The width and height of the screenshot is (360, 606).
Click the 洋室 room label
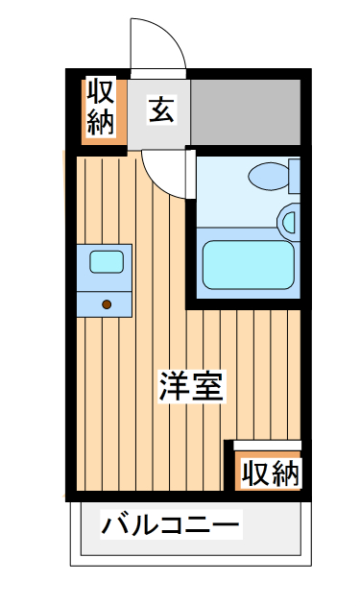tap(191, 386)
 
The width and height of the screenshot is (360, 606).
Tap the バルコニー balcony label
tap(171, 525)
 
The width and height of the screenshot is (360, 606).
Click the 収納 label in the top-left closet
tap(102, 108)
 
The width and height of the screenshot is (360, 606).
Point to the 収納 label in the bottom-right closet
tap(270, 473)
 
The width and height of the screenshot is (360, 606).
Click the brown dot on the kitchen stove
tap(106, 304)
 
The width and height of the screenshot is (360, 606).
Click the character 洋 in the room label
tap(175, 386)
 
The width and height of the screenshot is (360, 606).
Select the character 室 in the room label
tap(207, 386)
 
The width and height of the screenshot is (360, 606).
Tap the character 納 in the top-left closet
tap(102, 122)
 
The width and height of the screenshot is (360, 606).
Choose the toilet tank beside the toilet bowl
tap(295, 177)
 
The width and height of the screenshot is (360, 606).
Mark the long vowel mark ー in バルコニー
tap(226, 525)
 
